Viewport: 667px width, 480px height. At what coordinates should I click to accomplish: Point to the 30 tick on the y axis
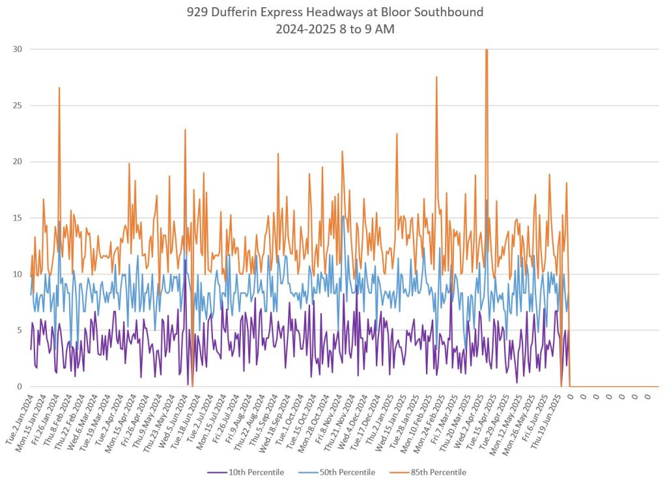[x=18, y=49]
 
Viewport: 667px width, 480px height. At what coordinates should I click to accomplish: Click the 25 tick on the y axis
[x=18, y=106]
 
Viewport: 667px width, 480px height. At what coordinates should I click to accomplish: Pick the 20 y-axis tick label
[x=18, y=162]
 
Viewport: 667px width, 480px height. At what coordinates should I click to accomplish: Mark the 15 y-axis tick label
[x=18, y=218]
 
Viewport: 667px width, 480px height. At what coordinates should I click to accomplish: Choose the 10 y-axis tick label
[x=18, y=274]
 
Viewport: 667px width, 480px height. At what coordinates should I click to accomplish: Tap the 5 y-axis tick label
[x=20, y=331]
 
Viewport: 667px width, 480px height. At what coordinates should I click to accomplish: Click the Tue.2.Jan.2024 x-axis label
[x=20, y=417]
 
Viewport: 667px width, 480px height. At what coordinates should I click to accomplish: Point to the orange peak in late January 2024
[x=59, y=88]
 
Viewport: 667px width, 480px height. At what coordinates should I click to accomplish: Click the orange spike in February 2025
[x=436, y=78]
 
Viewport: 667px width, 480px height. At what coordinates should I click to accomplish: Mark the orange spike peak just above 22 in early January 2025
[x=397, y=134]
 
